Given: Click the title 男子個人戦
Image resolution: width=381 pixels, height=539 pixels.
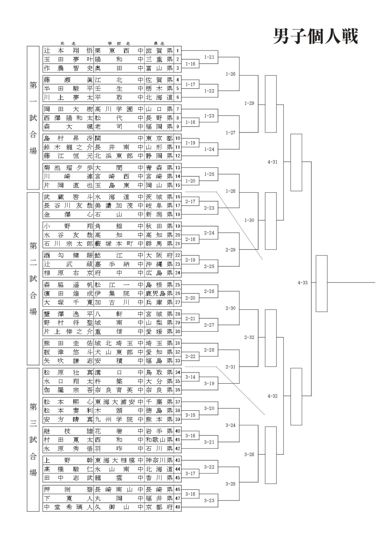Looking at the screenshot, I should click(315, 36).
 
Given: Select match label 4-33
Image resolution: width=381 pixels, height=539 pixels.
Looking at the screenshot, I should click(302, 283).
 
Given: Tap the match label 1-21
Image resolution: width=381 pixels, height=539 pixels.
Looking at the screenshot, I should click(209, 57).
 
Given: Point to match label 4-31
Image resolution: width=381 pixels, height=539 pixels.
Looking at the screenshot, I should click(272, 162).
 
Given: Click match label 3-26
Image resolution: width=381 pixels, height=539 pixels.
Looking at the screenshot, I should click(249, 454).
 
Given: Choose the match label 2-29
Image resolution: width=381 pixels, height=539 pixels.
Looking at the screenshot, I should click(230, 250).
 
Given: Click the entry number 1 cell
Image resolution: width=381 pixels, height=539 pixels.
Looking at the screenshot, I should click(178, 51).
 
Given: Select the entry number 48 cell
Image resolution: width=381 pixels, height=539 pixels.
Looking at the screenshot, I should click(178, 507).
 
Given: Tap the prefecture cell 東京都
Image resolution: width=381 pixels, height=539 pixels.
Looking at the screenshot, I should click(159, 138).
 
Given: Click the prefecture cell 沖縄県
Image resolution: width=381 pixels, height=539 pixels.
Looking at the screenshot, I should click(159, 264).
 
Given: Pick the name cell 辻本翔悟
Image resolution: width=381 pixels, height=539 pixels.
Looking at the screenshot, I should click(68, 51).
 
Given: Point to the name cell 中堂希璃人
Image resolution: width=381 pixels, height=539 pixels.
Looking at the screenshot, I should click(68, 507).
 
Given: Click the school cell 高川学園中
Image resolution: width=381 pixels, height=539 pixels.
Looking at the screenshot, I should click(119, 109).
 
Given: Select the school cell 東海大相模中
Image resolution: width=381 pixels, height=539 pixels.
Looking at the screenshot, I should click(119, 460).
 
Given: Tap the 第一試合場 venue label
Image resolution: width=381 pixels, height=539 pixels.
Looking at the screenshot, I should click(33, 118).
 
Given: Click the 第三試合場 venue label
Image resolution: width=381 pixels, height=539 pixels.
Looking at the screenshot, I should click(33, 440).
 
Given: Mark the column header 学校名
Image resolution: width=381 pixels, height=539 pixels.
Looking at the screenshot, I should click(119, 43).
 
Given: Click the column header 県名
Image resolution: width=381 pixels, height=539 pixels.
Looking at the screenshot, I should click(159, 43).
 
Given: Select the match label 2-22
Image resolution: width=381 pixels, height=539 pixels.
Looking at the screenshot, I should click(190, 357).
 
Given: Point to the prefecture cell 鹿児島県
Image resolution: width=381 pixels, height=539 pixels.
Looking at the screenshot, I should click(159, 293).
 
